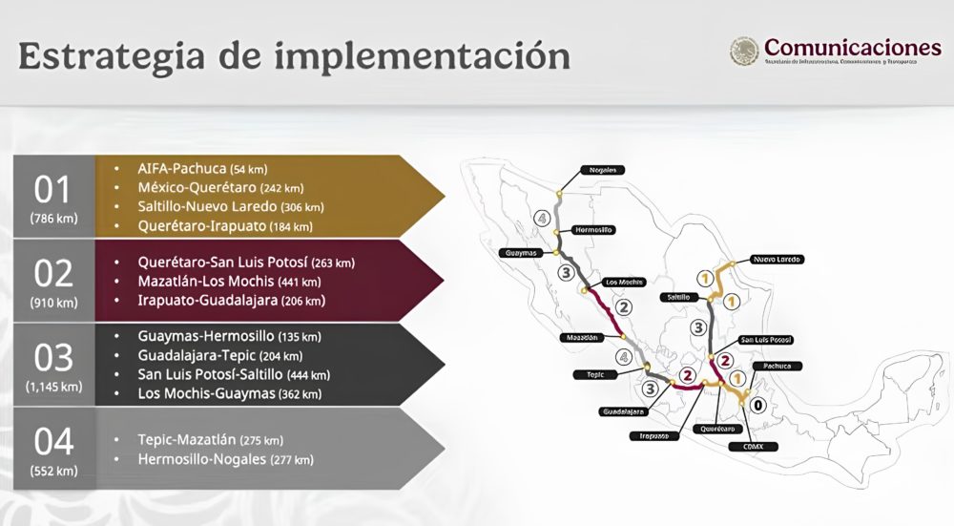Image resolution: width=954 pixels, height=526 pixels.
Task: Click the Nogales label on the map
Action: click(606, 170)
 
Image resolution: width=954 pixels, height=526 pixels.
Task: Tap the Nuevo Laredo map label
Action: click(777, 260)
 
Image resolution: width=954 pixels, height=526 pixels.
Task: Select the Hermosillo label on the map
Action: click(592, 230)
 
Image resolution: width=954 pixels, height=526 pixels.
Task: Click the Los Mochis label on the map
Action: click(625, 282)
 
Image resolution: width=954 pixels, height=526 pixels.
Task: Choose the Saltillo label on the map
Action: click(678, 297)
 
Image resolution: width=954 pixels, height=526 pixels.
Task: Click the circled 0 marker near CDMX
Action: click(758, 405)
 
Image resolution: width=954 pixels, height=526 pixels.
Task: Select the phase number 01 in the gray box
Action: click(53, 189)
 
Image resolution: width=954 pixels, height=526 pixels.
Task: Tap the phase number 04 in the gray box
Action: click(53, 441)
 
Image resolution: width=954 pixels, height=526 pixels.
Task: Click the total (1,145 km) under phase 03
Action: click(53, 388)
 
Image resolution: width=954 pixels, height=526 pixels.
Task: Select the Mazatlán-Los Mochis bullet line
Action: click(229, 282)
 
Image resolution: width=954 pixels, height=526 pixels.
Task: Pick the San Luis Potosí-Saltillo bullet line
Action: click(235, 374)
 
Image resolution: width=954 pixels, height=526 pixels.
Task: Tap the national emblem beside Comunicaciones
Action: click(744, 52)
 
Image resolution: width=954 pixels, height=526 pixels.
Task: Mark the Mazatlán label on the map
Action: click(582, 338)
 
